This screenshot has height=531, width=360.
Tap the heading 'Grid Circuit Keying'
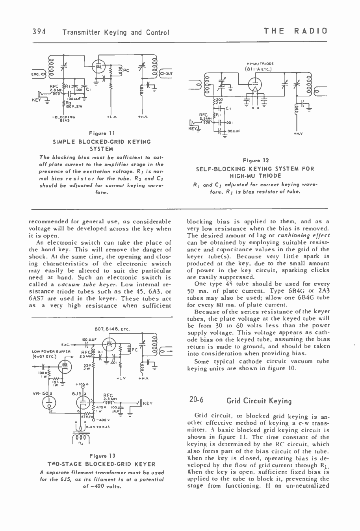click(259, 401)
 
